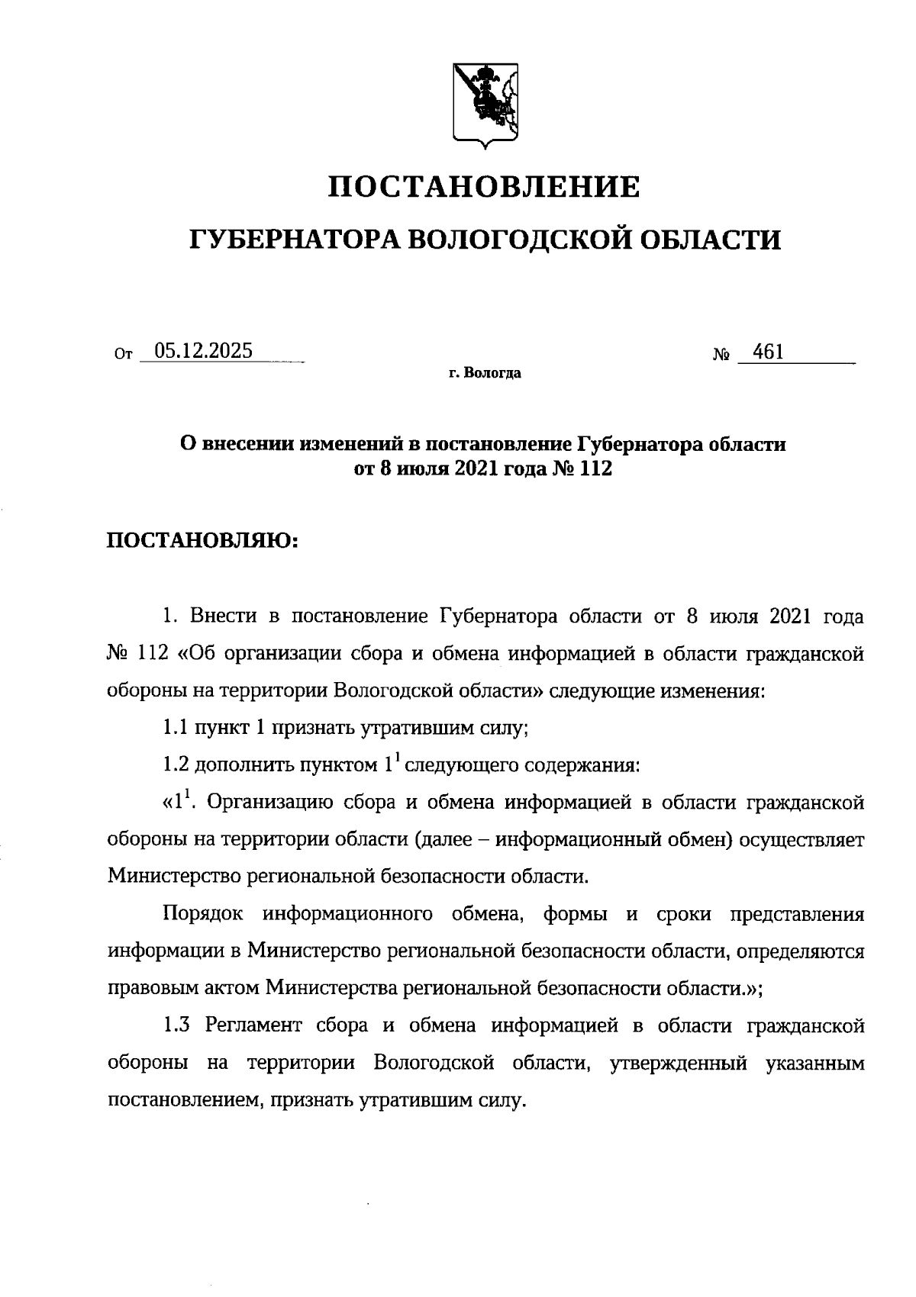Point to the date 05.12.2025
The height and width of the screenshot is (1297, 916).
tap(203, 352)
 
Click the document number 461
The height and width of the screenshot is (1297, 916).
tap(768, 352)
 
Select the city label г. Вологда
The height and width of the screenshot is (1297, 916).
tap(485, 374)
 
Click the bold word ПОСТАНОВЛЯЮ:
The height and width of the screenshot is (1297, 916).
tap(202, 541)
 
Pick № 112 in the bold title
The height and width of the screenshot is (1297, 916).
tap(585, 468)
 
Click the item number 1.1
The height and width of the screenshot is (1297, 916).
tap(175, 728)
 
